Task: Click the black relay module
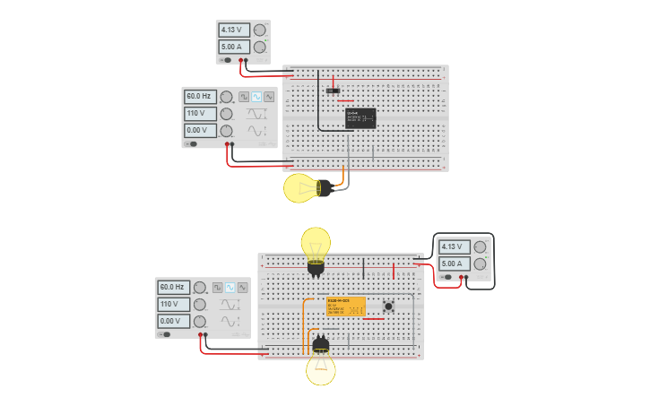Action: (x=360, y=118)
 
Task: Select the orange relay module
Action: (x=346, y=307)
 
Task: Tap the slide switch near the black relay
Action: (x=334, y=91)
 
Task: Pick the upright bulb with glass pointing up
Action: (x=316, y=248)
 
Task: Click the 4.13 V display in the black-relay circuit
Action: (x=233, y=30)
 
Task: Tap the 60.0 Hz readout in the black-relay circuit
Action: (x=200, y=96)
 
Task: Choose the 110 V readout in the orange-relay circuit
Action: (x=173, y=304)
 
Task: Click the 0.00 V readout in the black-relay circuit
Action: (x=200, y=130)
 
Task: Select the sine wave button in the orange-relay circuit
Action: (x=230, y=287)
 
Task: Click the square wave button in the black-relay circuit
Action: (x=243, y=96)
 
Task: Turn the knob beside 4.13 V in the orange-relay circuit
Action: (x=480, y=246)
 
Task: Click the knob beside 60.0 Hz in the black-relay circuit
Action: (x=227, y=97)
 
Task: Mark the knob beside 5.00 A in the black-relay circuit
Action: (x=260, y=47)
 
